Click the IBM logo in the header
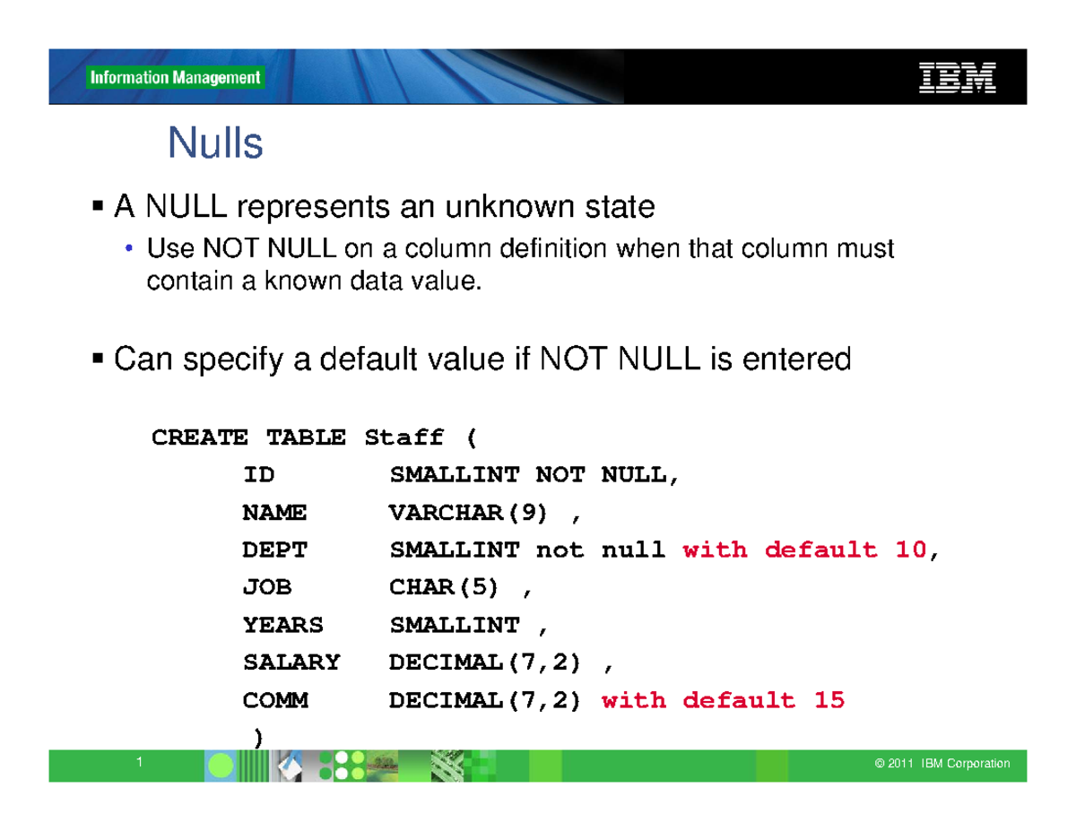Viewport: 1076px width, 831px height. pyautogui.click(x=957, y=77)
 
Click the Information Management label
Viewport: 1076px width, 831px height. pyautogui.click(x=175, y=78)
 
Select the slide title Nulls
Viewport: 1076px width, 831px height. pyautogui.click(x=215, y=143)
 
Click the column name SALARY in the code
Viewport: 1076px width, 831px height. pyautogui.click(x=291, y=662)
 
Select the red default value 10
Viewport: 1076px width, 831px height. pyautogui.click(x=910, y=550)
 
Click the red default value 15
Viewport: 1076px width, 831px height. pyautogui.click(x=829, y=700)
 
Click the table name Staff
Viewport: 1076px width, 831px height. pyautogui.click(x=403, y=437)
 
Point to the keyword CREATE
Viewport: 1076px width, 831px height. pyautogui.click(x=199, y=437)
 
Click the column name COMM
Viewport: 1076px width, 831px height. pyautogui.click(x=274, y=700)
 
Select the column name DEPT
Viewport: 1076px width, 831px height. pyautogui.click(x=274, y=550)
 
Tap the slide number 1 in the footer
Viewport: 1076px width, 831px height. pyautogui.click(x=140, y=762)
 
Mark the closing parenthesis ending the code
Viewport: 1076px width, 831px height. pyautogui.click(x=258, y=737)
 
